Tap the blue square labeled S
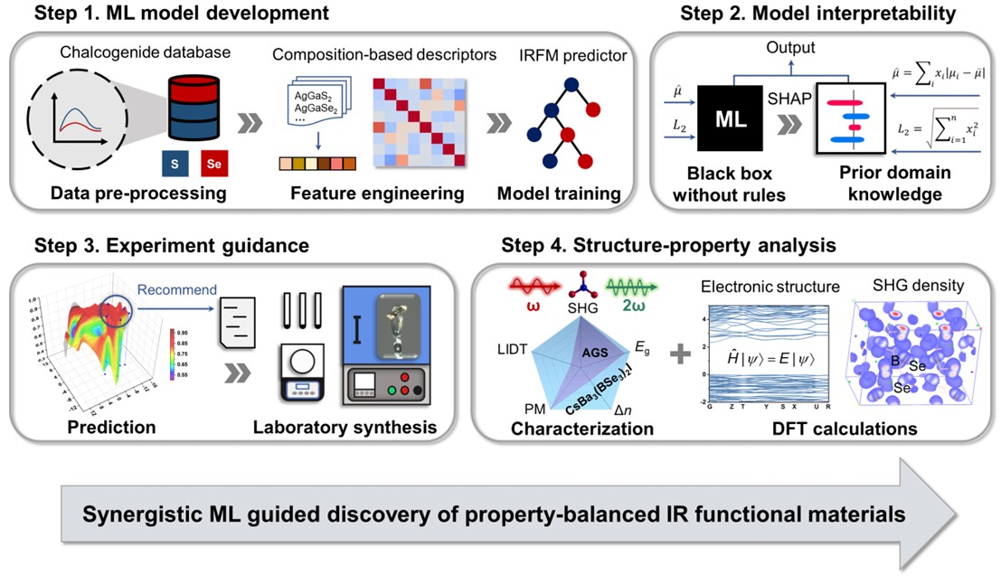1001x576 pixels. click(x=175, y=164)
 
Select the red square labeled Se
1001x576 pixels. click(x=213, y=164)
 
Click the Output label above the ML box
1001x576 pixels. click(x=790, y=48)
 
